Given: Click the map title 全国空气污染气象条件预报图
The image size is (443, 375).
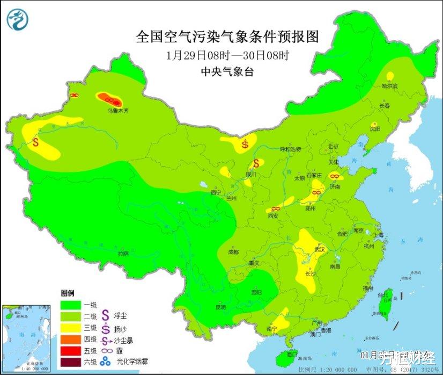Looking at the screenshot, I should [227, 37].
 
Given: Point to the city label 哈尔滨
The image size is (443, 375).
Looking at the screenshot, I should [389, 86].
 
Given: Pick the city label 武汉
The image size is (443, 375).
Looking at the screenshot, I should [321, 249].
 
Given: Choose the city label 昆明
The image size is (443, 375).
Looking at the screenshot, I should [220, 307].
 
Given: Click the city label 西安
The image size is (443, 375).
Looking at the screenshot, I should [273, 215].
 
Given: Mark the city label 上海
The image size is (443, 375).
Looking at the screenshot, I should [379, 235].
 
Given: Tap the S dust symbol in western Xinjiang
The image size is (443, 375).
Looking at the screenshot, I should [36, 143].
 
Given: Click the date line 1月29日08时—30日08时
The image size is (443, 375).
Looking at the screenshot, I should [227, 55].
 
